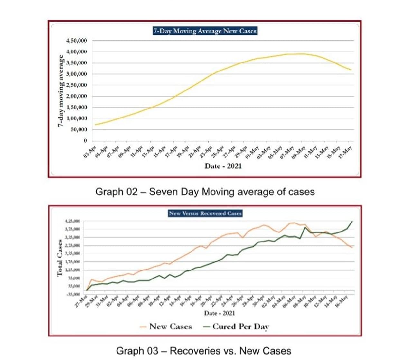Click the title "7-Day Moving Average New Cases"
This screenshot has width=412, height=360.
[205, 31]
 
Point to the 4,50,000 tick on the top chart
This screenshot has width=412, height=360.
[76, 41]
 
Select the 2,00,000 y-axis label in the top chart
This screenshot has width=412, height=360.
[76, 96]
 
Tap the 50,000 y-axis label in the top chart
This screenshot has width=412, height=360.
[79, 129]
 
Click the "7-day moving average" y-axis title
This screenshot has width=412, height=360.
[60, 91]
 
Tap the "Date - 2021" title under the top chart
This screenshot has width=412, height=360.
[223, 166]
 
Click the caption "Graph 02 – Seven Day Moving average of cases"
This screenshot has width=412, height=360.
[205, 192]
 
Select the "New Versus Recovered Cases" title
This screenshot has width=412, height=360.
[205, 213]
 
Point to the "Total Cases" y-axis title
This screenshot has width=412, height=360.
[60, 258]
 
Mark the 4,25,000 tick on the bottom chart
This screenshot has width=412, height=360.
[72, 221]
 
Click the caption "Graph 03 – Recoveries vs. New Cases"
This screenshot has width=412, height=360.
[203, 351]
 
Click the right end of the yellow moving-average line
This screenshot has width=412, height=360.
[351, 70]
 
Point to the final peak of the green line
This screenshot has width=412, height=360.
[352, 221]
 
